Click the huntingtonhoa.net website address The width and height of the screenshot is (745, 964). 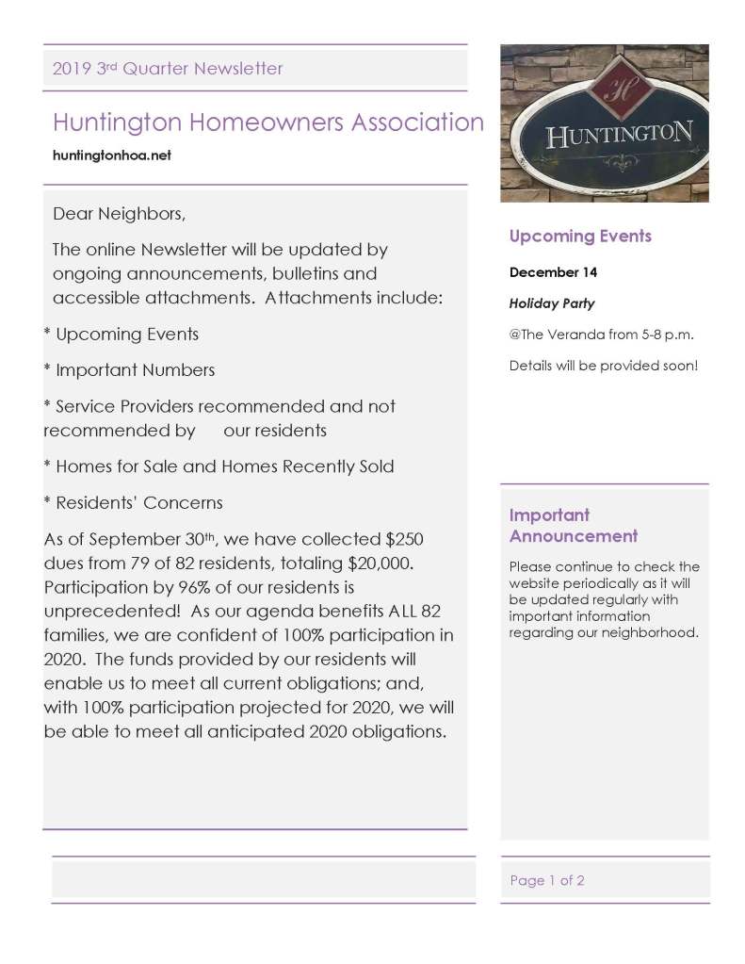[112, 155]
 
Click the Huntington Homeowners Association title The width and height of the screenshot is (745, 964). [268, 123]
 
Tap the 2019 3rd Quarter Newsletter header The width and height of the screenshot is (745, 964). [168, 68]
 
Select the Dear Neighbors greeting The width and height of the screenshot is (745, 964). [119, 214]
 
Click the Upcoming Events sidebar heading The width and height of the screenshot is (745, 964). [580, 237]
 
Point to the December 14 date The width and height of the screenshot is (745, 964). [553, 272]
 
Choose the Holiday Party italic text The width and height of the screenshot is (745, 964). [552, 303]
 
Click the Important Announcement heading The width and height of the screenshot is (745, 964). [573, 526]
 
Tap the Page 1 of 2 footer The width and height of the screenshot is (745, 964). [547, 880]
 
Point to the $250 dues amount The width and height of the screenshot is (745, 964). [405, 540]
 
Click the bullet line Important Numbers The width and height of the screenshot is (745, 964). [129, 370]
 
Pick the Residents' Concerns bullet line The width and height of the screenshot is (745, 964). [133, 502]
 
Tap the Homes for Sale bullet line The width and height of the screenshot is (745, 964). [219, 466]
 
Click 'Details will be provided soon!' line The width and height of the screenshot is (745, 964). [604, 365]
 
